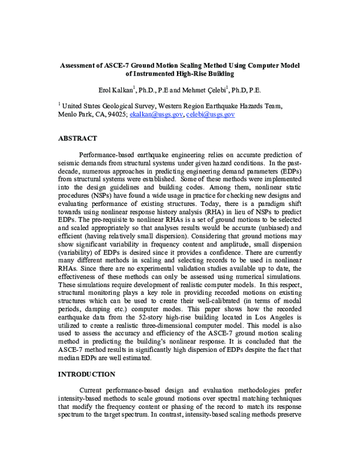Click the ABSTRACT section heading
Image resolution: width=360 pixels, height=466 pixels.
pyautogui.click(x=77, y=138)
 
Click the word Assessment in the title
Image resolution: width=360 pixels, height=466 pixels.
pyautogui.click(x=88, y=64)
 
